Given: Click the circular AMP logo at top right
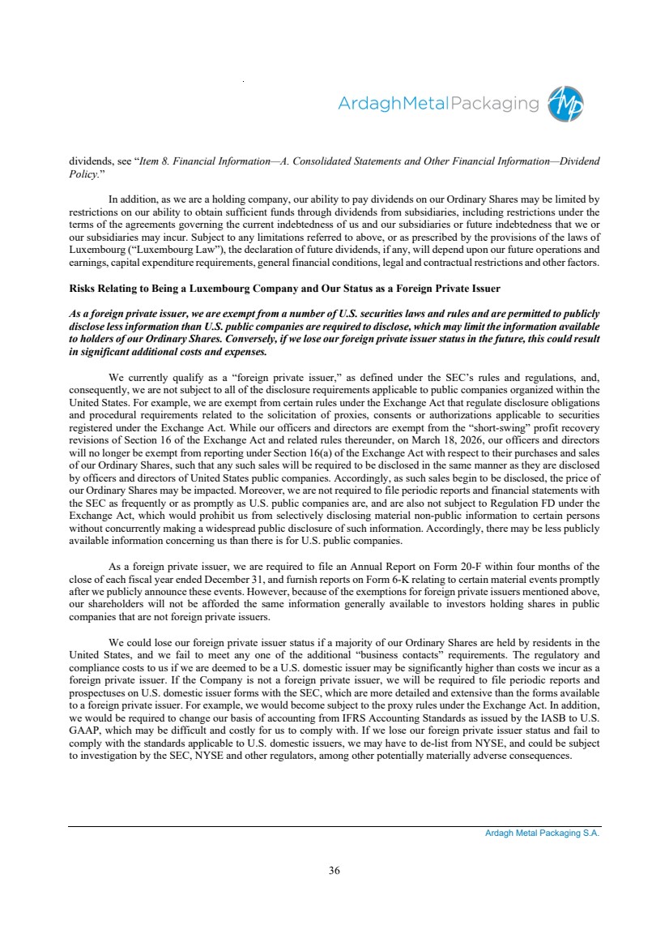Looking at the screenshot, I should (x=566, y=105).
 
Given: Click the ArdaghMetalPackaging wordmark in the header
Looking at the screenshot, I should (x=438, y=105).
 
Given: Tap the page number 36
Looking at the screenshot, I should (x=334, y=871).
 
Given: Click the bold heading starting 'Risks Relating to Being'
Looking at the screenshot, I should (x=284, y=289).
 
